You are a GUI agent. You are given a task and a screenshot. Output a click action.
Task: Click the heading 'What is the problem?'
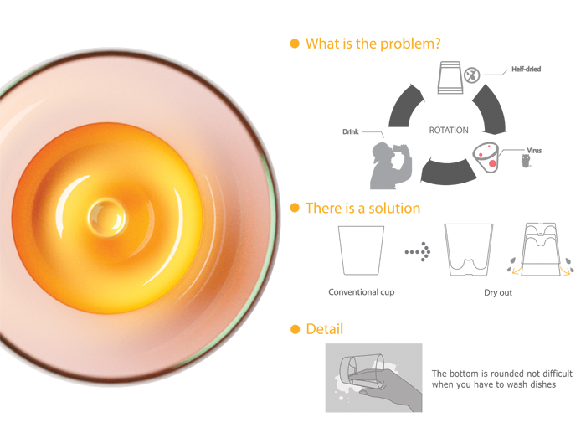[373, 44]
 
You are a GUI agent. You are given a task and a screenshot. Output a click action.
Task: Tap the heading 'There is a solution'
[362, 209]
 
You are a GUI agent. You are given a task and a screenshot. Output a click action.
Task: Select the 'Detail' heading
[325, 329]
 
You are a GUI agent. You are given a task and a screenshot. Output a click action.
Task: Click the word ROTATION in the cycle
[449, 131]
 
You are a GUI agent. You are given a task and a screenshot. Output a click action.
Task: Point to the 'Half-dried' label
[527, 70]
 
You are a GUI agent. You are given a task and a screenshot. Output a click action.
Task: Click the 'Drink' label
[351, 131]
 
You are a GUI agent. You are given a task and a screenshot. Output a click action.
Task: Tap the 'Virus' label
[534, 151]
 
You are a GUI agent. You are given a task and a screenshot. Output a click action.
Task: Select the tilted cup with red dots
[486, 157]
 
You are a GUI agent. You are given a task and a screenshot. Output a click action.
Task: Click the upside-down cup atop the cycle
[450, 77]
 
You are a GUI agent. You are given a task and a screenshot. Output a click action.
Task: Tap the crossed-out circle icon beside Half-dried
[472, 75]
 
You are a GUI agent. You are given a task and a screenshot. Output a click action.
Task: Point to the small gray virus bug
[526, 161]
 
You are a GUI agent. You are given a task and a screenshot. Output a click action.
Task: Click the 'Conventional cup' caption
[362, 292]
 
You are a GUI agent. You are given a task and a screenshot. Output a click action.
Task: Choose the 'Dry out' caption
[498, 292]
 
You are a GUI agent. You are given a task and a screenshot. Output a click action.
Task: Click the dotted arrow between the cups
[418, 252]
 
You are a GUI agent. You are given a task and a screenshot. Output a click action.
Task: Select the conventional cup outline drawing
[361, 250]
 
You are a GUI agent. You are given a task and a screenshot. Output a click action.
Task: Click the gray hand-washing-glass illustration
[373, 378]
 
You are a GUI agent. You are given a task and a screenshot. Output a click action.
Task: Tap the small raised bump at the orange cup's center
[107, 218]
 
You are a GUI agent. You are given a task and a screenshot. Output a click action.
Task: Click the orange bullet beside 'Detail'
[296, 330]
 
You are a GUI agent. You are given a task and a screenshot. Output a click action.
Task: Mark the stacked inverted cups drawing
[541, 250]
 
